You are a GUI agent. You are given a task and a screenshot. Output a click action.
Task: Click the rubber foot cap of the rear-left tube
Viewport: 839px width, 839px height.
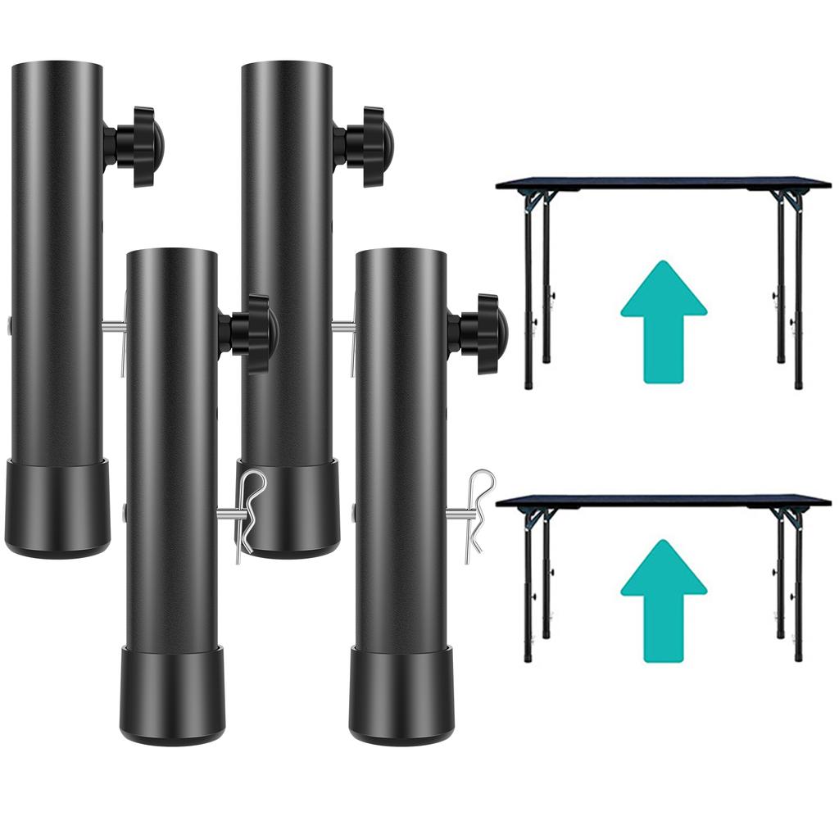coord(57,508)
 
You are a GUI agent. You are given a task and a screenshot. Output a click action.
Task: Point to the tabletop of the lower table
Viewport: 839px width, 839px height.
coord(664,501)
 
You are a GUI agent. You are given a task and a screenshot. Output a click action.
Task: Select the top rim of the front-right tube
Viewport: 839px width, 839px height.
coord(401,252)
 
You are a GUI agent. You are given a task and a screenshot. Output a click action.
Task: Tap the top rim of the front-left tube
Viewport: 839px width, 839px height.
coord(172,252)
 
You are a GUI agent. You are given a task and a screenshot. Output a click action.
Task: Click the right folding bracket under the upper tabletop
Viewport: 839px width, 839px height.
coord(790,199)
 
